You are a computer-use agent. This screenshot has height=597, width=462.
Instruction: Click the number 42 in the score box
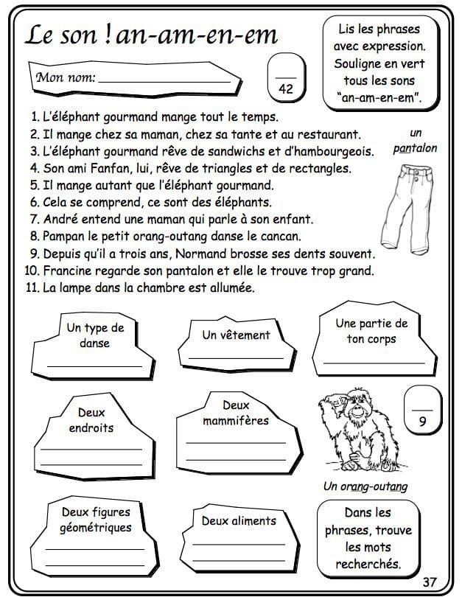pyautogui.click(x=287, y=88)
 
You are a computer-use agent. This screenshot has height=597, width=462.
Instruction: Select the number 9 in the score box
pyautogui.click(x=422, y=422)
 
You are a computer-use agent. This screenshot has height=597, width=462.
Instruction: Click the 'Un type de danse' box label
pyautogui.click(x=95, y=335)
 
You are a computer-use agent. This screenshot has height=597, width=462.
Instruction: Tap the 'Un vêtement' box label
pyautogui.click(x=236, y=335)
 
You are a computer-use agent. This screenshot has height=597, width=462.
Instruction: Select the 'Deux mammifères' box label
pyautogui.click(x=236, y=413)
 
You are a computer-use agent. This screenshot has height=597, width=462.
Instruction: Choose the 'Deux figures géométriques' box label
pyautogui.click(x=96, y=520)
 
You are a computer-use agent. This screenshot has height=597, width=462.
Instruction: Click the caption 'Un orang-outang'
pyautogui.click(x=365, y=486)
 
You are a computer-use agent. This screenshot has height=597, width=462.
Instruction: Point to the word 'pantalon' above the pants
pyautogui.click(x=415, y=148)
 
